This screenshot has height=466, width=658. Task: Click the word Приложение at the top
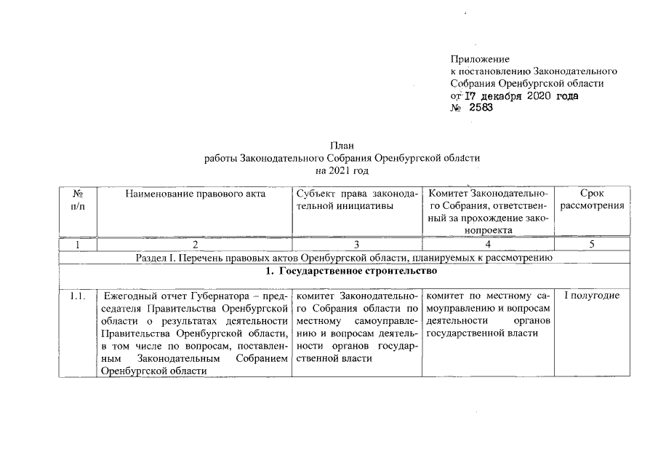[x=480, y=58]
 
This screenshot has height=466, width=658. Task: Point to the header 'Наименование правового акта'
[x=195, y=194]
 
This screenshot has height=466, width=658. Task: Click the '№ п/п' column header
[x=77, y=200]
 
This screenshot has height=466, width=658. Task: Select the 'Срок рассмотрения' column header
[x=593, y=200]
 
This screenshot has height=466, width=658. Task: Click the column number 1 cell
[x=77, y=245]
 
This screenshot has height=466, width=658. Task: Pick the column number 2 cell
[x=195, y=245]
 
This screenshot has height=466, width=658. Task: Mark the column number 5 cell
[x=593, y=245]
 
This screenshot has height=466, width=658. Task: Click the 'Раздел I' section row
[x=345, y=258]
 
